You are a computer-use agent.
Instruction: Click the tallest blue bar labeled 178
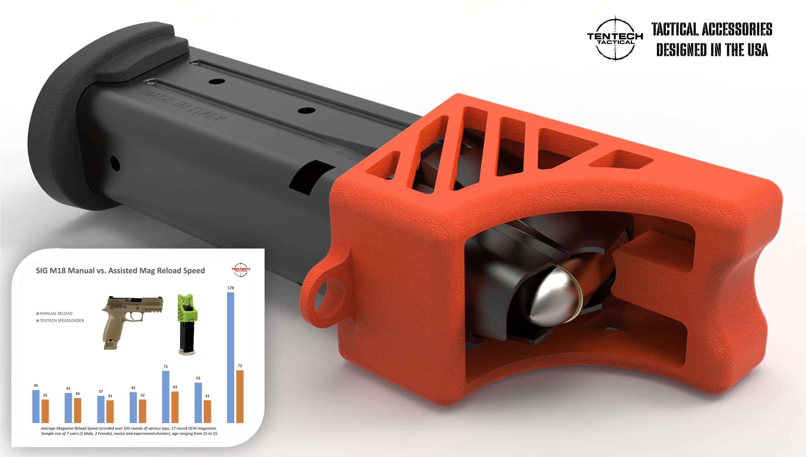(231, 357)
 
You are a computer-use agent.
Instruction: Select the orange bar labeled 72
(240, 396)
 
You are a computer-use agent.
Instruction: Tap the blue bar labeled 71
(166, 397)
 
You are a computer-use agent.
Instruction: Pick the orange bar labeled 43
(175, 407)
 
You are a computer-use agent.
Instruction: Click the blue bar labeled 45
(36, 406)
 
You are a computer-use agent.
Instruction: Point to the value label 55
(198, 378)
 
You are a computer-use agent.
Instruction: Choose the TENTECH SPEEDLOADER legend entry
(60, 321)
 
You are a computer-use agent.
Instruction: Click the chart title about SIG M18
(120, 271)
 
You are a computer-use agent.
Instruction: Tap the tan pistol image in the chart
(132, 322)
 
